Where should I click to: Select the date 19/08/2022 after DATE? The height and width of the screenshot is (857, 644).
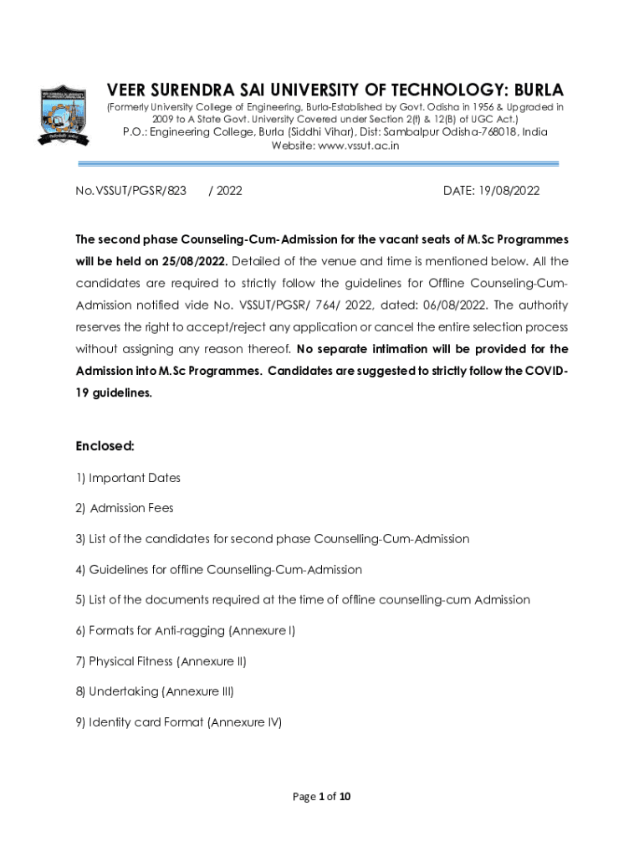pos(509,191)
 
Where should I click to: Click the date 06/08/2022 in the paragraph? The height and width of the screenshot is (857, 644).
pos(440,305)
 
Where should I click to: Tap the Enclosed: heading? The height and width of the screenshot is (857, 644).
pos(105,446)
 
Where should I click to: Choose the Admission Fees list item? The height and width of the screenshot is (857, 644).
pos(131,508)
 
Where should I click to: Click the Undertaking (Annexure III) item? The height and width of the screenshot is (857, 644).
pos(161,691)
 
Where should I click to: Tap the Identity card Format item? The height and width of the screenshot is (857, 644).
pos(146,721)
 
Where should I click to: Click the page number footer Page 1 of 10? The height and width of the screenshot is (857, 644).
pos(321,796)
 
